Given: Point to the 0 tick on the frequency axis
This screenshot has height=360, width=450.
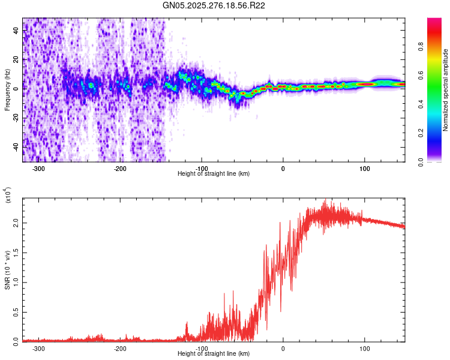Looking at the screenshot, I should coord(16,89).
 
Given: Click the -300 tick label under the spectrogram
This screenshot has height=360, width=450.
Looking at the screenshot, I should coord(38,168).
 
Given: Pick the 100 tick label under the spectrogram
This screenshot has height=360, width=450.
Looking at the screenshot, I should coord(364,168).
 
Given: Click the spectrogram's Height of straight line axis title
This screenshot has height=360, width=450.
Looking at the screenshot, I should coord(214,174).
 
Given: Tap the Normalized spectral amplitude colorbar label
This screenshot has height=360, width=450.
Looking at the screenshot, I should coord(446,90).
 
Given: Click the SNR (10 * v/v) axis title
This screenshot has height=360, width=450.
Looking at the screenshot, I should coord(7,270).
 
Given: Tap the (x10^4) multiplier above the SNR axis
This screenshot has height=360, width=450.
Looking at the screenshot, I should coord(8,196).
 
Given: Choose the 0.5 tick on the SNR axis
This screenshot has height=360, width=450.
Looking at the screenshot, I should coord(16,311).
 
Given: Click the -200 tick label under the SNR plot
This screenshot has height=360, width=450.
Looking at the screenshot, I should coord(120,348).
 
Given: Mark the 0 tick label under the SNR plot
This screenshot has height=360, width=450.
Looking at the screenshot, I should coord(283,348).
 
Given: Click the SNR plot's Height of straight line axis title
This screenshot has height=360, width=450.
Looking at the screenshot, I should coord(214,354).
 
